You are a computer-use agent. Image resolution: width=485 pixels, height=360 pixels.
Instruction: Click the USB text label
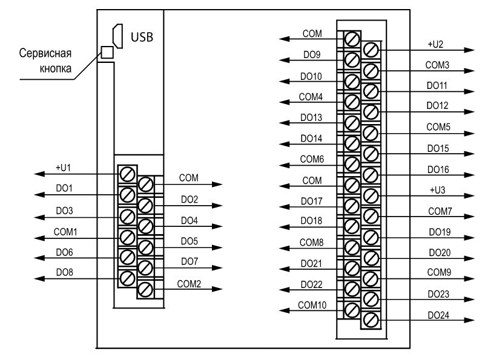tap(142, 37)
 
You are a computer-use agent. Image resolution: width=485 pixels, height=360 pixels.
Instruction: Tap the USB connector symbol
tap(118, 36)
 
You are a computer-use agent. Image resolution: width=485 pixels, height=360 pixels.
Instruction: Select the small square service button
tap(107, 52)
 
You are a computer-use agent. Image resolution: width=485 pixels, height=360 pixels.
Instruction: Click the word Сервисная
tap(45, 53)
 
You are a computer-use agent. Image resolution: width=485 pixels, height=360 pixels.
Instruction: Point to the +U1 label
tap(63, 168)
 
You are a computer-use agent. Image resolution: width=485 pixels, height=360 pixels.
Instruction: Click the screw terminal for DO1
tap(127, 195)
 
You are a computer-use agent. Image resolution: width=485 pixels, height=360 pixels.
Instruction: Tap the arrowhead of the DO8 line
tap(39, 279)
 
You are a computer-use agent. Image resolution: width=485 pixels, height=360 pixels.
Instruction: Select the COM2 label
tap(189, 284)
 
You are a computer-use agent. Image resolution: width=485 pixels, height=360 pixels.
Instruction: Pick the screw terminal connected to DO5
tap(145, 247)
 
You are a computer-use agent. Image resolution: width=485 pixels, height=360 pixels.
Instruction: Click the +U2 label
tap(435, 44)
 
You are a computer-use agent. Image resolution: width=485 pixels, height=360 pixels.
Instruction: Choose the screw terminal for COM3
tap(371, 71)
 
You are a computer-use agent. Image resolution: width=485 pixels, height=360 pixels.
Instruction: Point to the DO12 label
tap(437, 106)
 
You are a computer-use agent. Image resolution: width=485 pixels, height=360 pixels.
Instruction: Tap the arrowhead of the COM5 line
tap(469, 134)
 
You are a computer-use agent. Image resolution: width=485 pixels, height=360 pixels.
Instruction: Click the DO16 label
tap(438, 169)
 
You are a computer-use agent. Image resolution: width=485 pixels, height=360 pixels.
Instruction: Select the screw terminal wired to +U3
tap(371, 195)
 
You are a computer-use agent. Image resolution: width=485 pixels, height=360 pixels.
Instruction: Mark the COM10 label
tap(312, 305)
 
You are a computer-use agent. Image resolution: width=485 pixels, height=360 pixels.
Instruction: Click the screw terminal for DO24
tap(371, 320)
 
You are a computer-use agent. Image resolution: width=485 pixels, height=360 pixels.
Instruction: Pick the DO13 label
tap(311, 117)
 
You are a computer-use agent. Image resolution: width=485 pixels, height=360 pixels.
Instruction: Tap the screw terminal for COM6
tap(352, 164)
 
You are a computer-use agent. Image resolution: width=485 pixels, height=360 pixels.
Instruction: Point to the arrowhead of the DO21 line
tap(285, 269)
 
